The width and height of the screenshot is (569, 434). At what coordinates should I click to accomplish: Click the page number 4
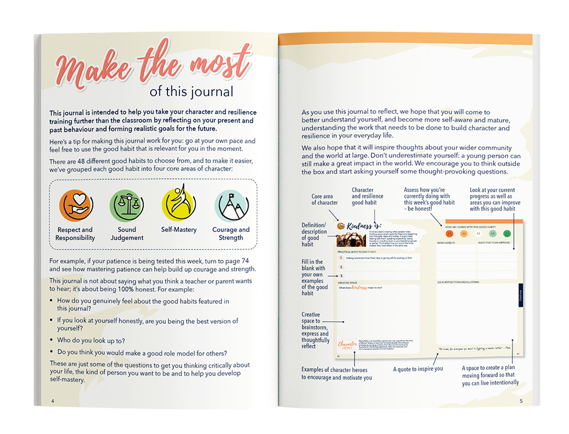(x=53, y=401)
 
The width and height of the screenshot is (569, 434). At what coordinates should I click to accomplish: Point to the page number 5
(x=521, y=401)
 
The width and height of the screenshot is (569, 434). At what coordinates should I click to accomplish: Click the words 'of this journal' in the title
(x=191, y=91)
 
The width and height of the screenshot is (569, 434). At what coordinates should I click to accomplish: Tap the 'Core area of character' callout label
(x=324, y=200)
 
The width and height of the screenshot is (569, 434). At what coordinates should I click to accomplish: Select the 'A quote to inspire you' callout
(x=418, y=369)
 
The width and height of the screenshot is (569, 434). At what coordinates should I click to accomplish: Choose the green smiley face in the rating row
(x=507, y=234)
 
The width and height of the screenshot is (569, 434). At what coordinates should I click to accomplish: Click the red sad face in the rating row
(x=449, y=234)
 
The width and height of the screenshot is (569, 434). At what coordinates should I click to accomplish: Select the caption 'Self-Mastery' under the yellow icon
(x=178, y=230)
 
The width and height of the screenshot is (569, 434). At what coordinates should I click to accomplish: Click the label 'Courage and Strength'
(x=231, y=234)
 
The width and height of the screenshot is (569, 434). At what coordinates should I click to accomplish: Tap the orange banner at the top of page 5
(x=406, y=39)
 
